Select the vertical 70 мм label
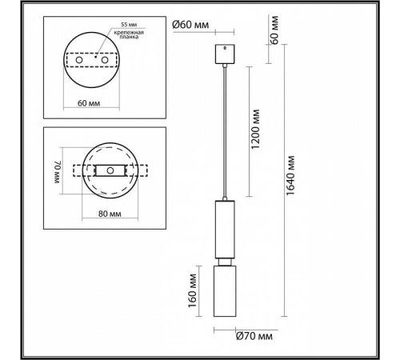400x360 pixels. coord(57,171)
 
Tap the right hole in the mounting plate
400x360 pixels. coord(105,59)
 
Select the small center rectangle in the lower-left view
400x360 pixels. coord(108,171)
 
